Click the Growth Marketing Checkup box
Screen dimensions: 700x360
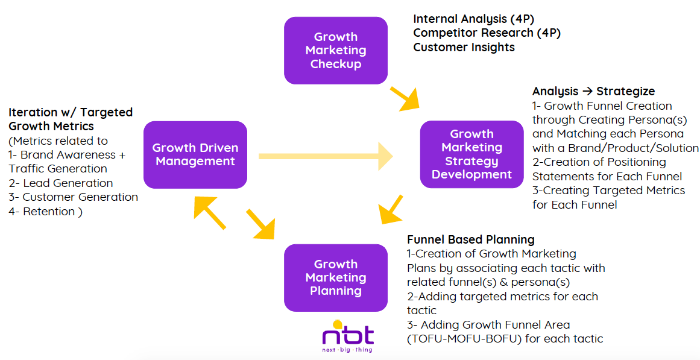(x=336, y=51)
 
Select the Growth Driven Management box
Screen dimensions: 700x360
(x=195, y=154)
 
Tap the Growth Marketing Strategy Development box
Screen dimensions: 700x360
(x=472, y=154)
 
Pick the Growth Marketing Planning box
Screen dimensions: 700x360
(x=336, y=278)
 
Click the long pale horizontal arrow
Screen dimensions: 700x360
(x=326, y=156)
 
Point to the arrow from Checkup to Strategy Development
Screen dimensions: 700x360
(x=405, y=99)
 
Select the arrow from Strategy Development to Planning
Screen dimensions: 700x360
(x=391, y=209)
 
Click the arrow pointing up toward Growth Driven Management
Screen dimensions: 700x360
(x=209, y=213)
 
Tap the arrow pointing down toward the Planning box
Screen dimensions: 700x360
(x=260, y=224)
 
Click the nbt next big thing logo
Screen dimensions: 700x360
(x=348, y=336)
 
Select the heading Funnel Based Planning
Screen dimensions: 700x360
(x=470, y=240)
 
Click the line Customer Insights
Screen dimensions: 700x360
(x=464, y=47)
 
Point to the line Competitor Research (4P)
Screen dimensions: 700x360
(x=487, y=33)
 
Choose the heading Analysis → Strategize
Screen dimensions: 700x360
(x=593, y=92)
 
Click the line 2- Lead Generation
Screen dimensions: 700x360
(x=61, y=183)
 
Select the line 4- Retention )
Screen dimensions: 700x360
(x=46, y=212)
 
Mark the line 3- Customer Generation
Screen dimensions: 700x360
(x=73, y=197)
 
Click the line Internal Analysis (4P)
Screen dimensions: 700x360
(x=474, y=19)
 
